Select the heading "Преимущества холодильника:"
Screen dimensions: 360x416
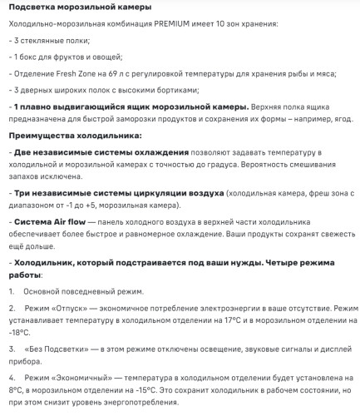point(64,135)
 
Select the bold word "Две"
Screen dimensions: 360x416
point(23,153)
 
